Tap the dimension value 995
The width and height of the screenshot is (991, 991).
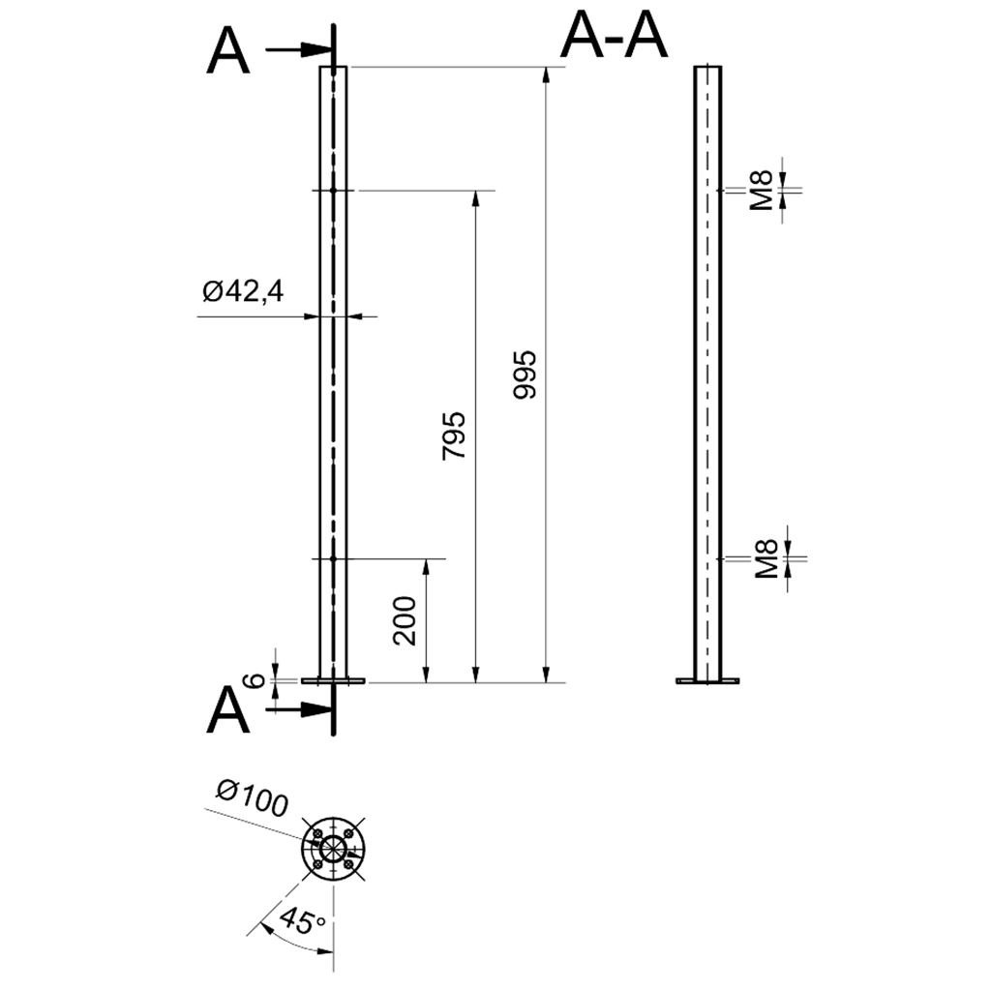coord(525,375)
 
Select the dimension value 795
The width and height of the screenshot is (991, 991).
coord(454,435)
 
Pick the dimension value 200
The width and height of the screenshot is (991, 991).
coord(405,620)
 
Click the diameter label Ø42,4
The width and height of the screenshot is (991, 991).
coord(243,290)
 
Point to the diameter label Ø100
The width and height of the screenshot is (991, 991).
coord(253,799)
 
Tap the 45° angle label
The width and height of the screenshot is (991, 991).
coord(301,919)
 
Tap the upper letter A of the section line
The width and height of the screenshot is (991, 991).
coord(228,52)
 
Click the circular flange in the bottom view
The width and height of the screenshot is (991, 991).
coord(333,849)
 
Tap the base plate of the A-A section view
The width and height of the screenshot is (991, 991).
coord(707,681)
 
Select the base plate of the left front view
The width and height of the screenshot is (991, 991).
coord(333,681)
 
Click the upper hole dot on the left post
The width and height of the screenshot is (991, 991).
coord(333,191)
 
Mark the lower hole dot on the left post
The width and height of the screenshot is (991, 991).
coord(333,558)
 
